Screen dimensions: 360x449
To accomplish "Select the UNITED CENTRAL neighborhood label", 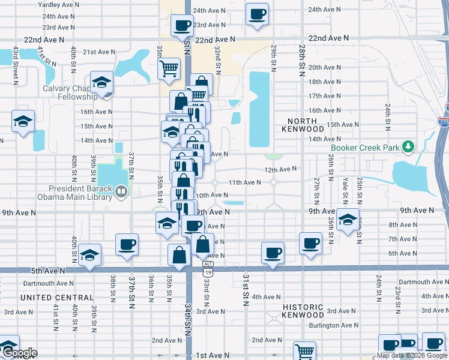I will [x=57, y=298].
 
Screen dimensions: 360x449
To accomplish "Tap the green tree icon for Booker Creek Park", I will [x=408, y=146].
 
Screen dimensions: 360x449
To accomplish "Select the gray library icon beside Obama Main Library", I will [x=122, y=191].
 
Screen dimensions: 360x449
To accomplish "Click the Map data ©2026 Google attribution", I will [x=412, y=355].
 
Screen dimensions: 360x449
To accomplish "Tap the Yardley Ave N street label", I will [x=59, y=4].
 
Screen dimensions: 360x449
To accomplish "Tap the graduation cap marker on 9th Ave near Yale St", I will [x=348, y=220].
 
